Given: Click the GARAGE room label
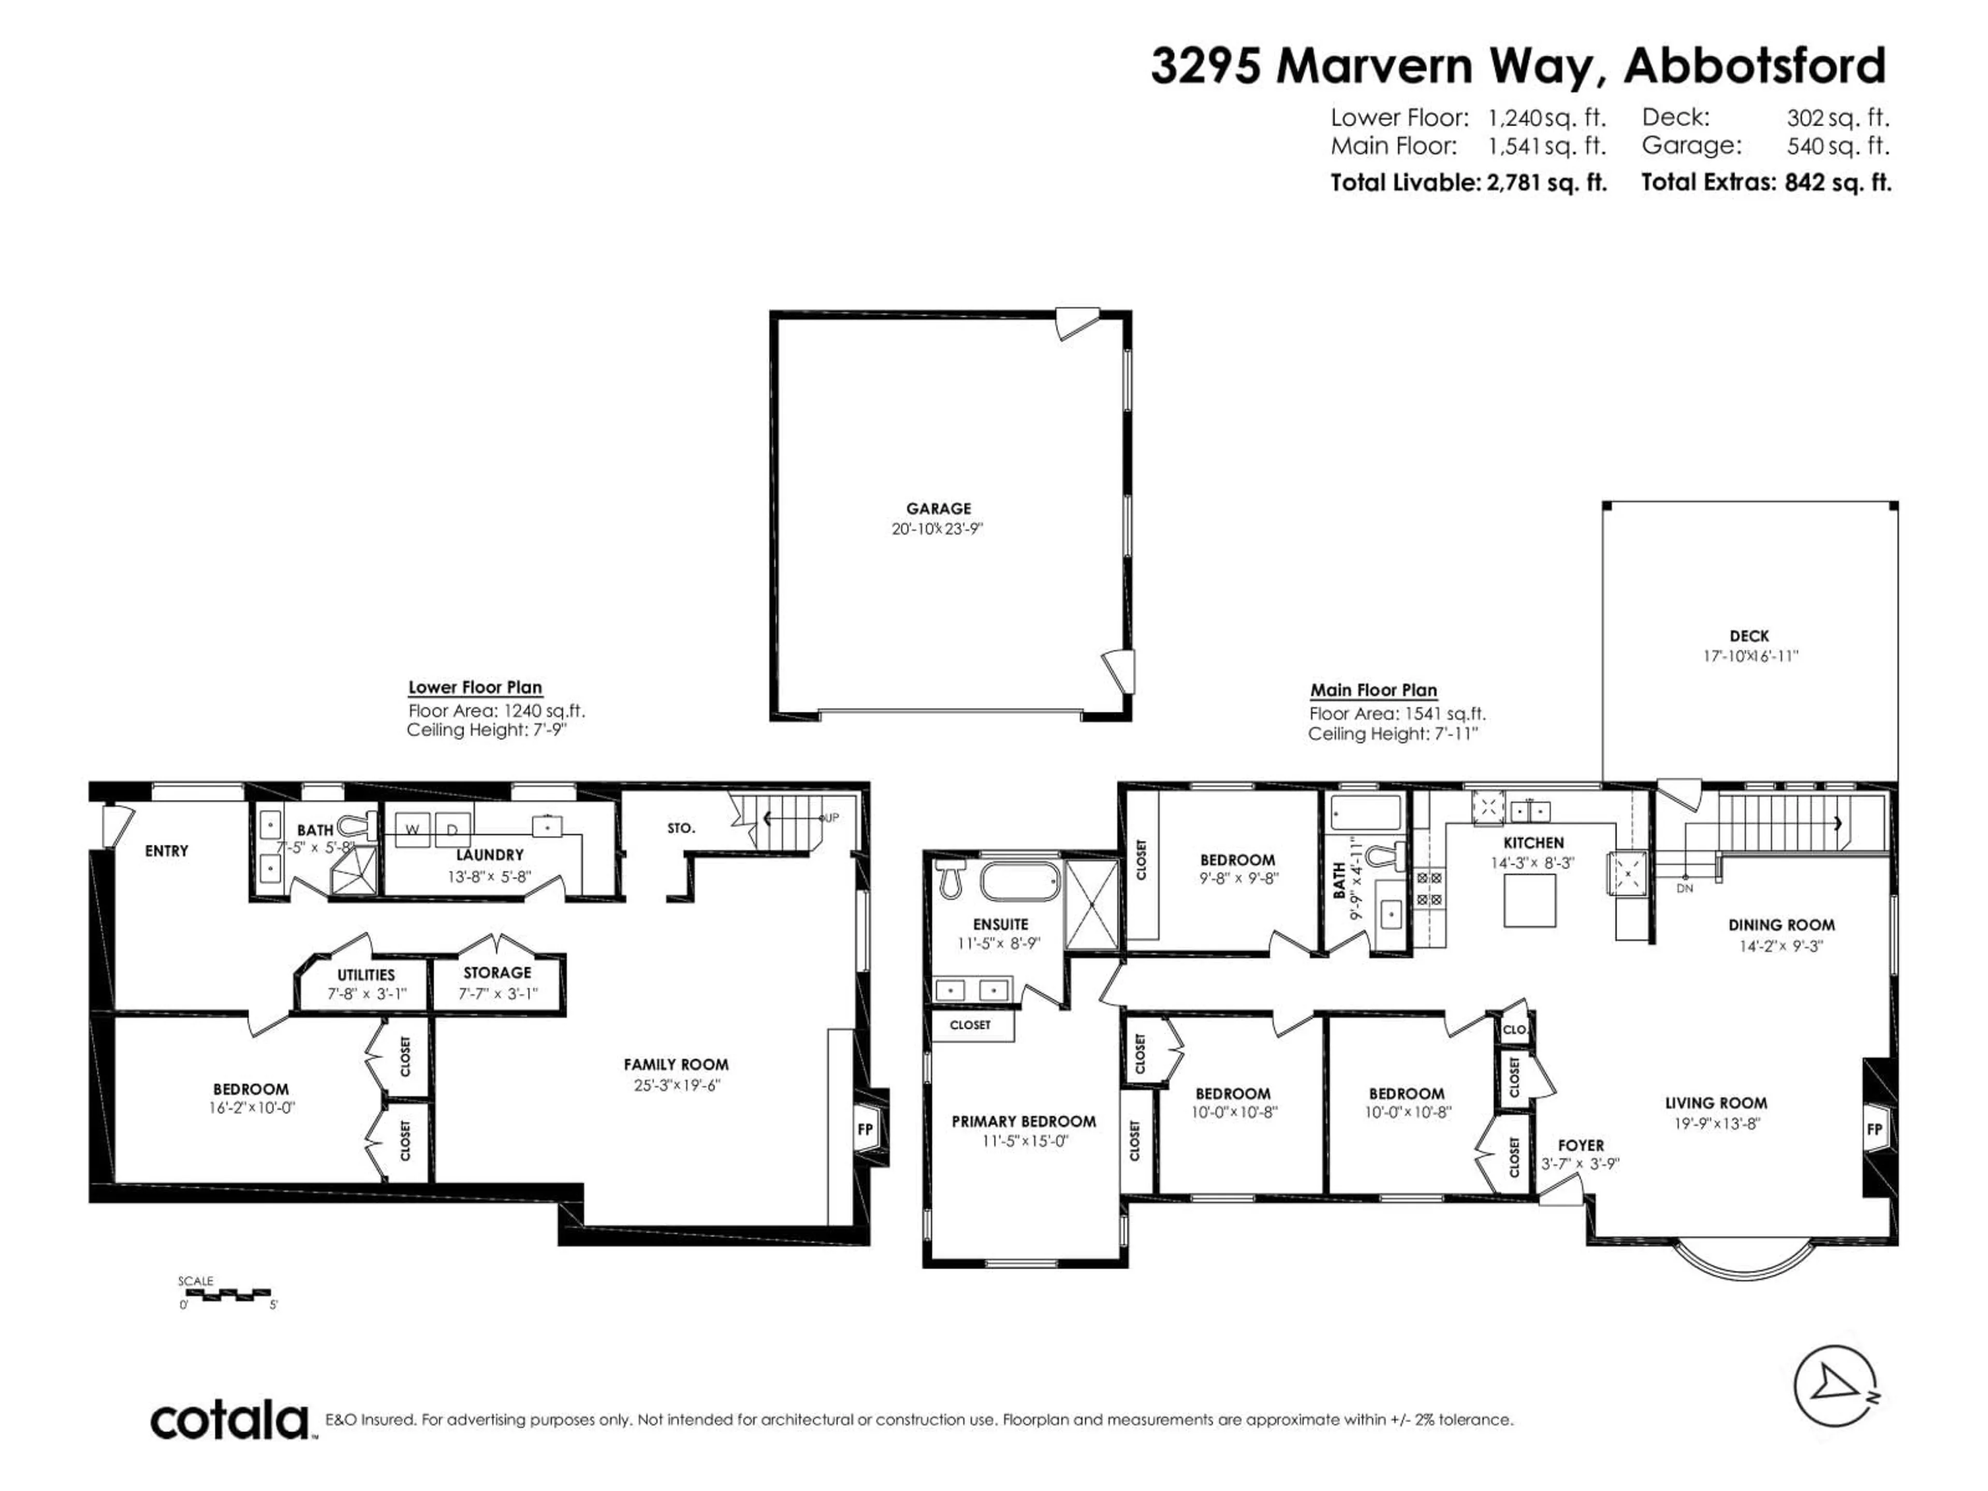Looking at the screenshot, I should tap(938, 509).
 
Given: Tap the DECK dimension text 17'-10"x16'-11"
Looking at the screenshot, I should tap(1750, 656).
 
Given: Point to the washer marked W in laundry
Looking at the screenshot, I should tap(413, 829).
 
